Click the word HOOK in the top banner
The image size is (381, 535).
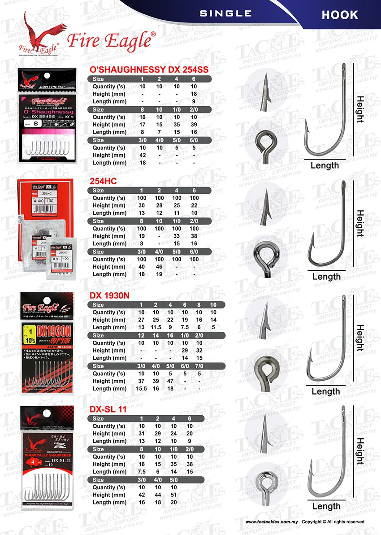click(x=340, y=15)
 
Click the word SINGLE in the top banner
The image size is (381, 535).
click(x=225, y=13)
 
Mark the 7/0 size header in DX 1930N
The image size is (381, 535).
click(x=213, y=366)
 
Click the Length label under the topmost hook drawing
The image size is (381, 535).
click(x=325, y=165)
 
